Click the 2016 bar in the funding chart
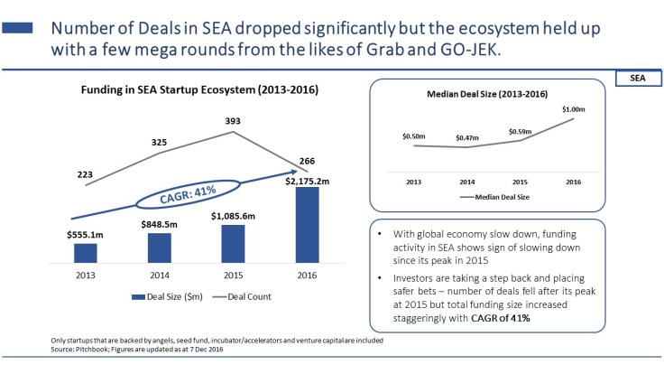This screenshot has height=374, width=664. click(308, 225)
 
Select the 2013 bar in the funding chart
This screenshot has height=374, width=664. click(86, 253)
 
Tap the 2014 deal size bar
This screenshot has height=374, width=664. click(160, 248)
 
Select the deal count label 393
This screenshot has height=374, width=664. click(234, 121)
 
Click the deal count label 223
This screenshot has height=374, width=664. click(86, 174)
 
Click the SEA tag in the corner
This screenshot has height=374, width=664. click(636, 79)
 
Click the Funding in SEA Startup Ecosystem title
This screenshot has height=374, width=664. click(198, 90)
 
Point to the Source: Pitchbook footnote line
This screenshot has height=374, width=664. click(135, 348)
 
